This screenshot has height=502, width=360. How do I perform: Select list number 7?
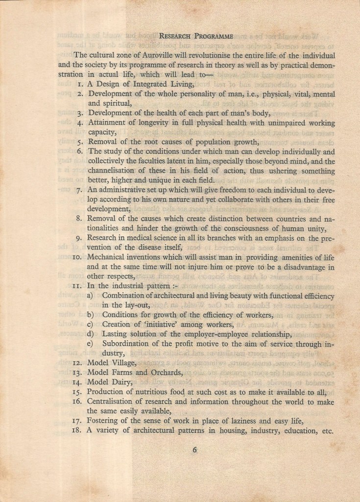[79, 203]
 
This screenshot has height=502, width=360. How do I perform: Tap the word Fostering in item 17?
[104, 421]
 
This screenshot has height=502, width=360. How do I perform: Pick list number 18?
[77, 431]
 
